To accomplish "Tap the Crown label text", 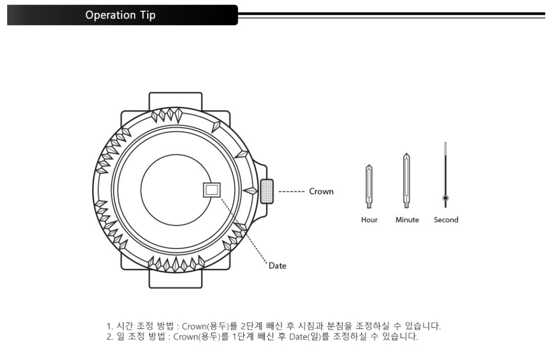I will [x=321, y=191].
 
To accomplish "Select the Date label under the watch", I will [x=278, y=266].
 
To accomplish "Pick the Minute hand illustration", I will [x=406, y=180].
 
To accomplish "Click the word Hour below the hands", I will [x=369, y=220].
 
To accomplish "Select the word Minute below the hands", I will [x=407, y=220].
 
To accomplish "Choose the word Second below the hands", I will [x=446, y=220].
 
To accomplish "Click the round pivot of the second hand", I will [x=445, y=197].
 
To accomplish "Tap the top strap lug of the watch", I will [x=175, y=101].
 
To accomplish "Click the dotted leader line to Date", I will [x=241, y=228].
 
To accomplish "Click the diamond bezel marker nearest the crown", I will [x=250, y=191].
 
